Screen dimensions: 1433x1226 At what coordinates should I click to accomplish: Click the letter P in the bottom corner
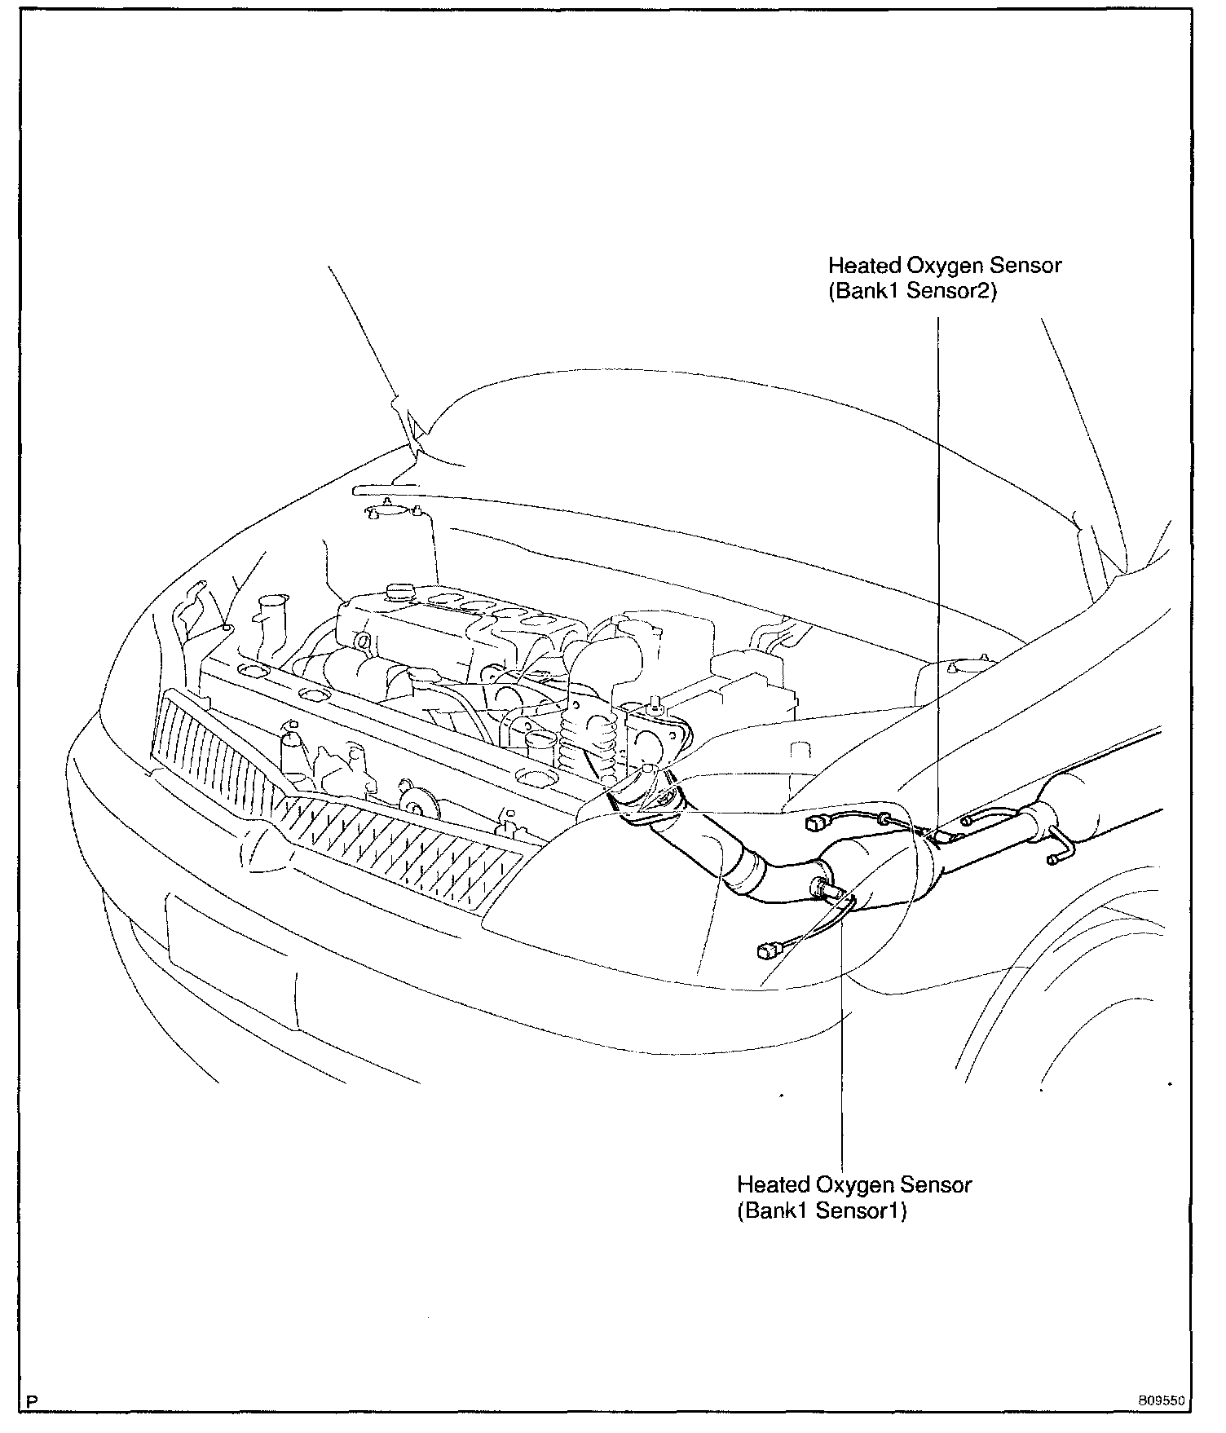point(32,1402)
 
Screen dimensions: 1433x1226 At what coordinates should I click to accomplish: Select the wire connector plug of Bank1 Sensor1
point(769,950)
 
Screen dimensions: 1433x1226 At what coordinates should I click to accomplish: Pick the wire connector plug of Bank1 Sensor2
point(816,824)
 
